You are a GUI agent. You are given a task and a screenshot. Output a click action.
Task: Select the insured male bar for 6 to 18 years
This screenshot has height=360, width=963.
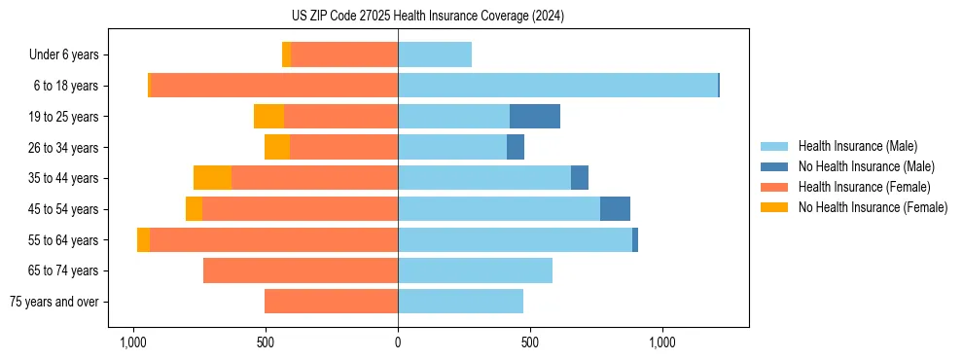557,86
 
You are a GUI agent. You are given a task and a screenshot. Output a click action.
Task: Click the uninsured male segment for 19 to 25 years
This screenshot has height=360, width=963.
535,117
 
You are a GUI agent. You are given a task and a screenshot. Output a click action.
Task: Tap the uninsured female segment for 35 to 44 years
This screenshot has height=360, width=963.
212,178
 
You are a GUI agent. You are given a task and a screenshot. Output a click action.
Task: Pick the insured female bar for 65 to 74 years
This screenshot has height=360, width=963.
301,270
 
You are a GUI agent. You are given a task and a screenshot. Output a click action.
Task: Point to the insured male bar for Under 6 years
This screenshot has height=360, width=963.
435,55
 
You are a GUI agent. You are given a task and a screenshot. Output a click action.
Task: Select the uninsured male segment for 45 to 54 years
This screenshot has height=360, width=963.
615,209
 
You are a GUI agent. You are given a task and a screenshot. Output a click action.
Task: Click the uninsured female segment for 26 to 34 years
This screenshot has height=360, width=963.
277,148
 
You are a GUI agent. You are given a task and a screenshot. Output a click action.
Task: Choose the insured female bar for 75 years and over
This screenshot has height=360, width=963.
331,302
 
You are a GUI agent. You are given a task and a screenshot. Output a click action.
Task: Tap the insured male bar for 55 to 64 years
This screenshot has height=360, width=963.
515,240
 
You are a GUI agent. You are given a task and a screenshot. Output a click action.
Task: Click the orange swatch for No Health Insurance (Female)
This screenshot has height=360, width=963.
774,207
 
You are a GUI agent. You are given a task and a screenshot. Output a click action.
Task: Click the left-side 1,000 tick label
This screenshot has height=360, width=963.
133,342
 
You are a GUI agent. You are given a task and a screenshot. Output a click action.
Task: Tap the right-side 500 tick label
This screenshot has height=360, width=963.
530,342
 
